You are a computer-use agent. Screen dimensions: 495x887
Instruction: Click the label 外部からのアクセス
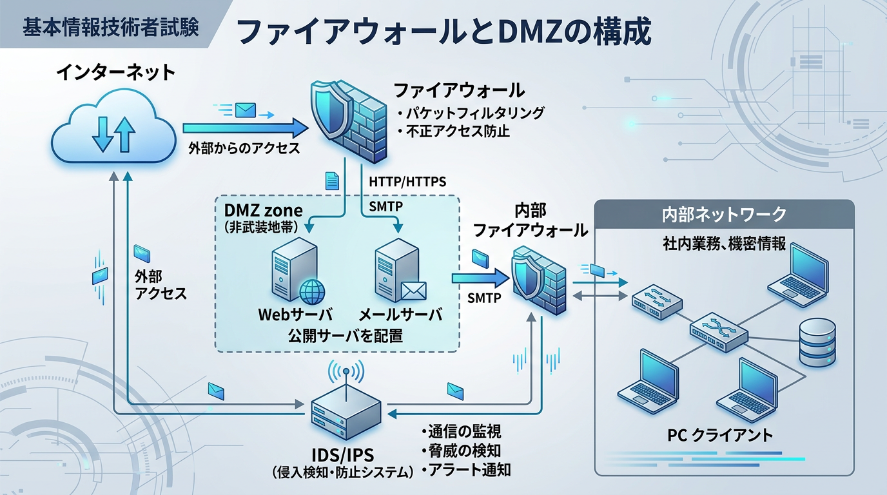(x=244, y=148)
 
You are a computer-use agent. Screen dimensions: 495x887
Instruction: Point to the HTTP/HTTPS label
(x=407, y=182)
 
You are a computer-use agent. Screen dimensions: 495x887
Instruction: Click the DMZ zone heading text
(x=263, y=211)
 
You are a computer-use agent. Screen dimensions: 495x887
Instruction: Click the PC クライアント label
(x=719, y=435)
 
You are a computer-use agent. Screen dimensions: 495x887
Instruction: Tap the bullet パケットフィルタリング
(x=474, y=113)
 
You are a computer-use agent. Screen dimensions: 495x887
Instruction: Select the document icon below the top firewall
(x=332, y=181)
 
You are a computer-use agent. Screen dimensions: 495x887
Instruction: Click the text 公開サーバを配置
(x=336, y=335)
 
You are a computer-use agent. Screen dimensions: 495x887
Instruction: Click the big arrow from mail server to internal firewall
(x=480, y=278)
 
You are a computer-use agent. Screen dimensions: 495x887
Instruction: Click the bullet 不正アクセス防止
(x=458, y=131)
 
